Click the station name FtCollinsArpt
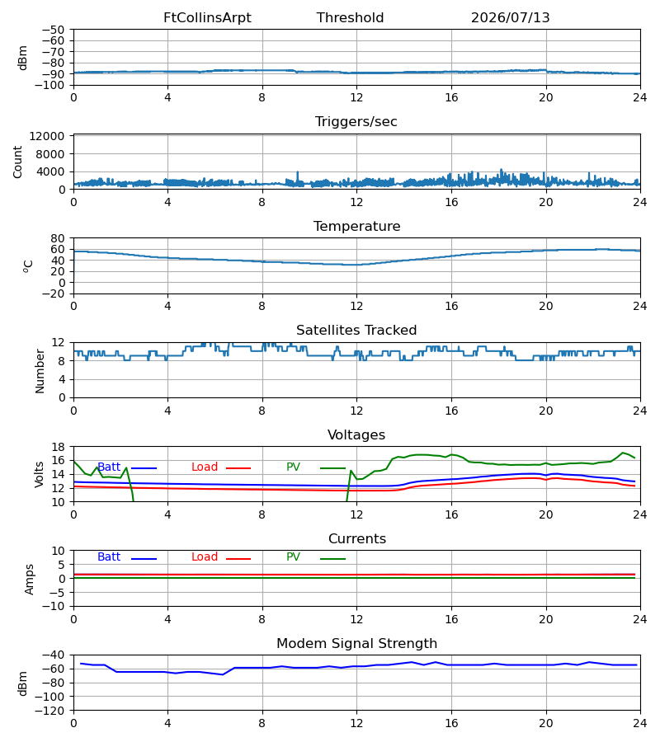click(207, 18)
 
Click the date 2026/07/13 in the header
click(511, 18)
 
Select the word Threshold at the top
click(351, 18)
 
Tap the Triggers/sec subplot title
click(356, 122)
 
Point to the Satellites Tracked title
click(356, 331)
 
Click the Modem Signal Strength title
click(357, 644)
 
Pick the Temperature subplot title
click(357, 226)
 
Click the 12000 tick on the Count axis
click(47, 136)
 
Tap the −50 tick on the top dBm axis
click(53, 30)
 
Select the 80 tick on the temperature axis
click(58, 238)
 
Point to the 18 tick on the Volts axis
click(58, 447)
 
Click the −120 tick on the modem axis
click(50, 711)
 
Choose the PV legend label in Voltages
click(293, 467)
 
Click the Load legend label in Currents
click(205, 557)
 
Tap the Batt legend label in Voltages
click(109, 467)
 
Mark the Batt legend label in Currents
click(109, 557)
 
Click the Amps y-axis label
click(30, 580)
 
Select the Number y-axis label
click(40, 371)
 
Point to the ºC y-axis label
click(28, 266)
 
